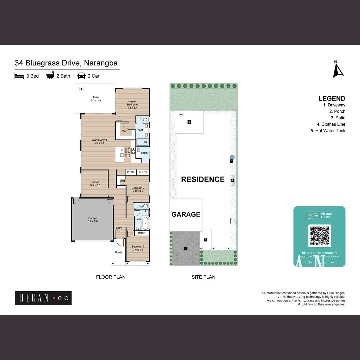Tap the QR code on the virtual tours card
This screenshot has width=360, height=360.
point(319,235)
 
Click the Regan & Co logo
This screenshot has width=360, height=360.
point(43,298)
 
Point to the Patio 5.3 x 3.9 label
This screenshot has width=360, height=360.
point(96,99)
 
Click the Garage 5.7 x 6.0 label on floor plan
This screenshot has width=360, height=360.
point(93,220)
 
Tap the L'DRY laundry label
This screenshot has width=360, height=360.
point(145,153)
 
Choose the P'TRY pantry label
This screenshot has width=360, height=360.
point(131,172)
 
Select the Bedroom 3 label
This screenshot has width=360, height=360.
point(138,248)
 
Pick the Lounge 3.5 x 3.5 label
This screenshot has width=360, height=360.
point(95,184)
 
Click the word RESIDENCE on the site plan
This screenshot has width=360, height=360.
point(203,179)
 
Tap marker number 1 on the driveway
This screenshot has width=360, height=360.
point(186,248)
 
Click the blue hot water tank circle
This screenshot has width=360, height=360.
point(232,157)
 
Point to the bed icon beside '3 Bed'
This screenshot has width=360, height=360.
point(19,76)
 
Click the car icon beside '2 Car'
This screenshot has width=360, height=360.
point(81,76)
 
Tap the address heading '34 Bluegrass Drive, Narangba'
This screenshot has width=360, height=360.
point(66,63)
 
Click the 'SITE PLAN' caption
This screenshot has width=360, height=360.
point(203,277)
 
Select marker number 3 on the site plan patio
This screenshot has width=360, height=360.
point(189,122)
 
